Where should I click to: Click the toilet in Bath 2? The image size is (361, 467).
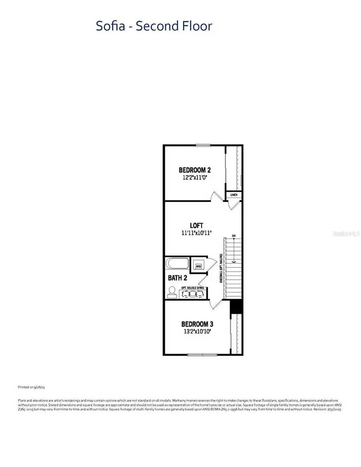click(172, 292)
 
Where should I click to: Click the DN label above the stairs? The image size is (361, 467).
click(233, 236)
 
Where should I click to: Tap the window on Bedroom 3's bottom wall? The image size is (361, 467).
click(203, 354)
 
